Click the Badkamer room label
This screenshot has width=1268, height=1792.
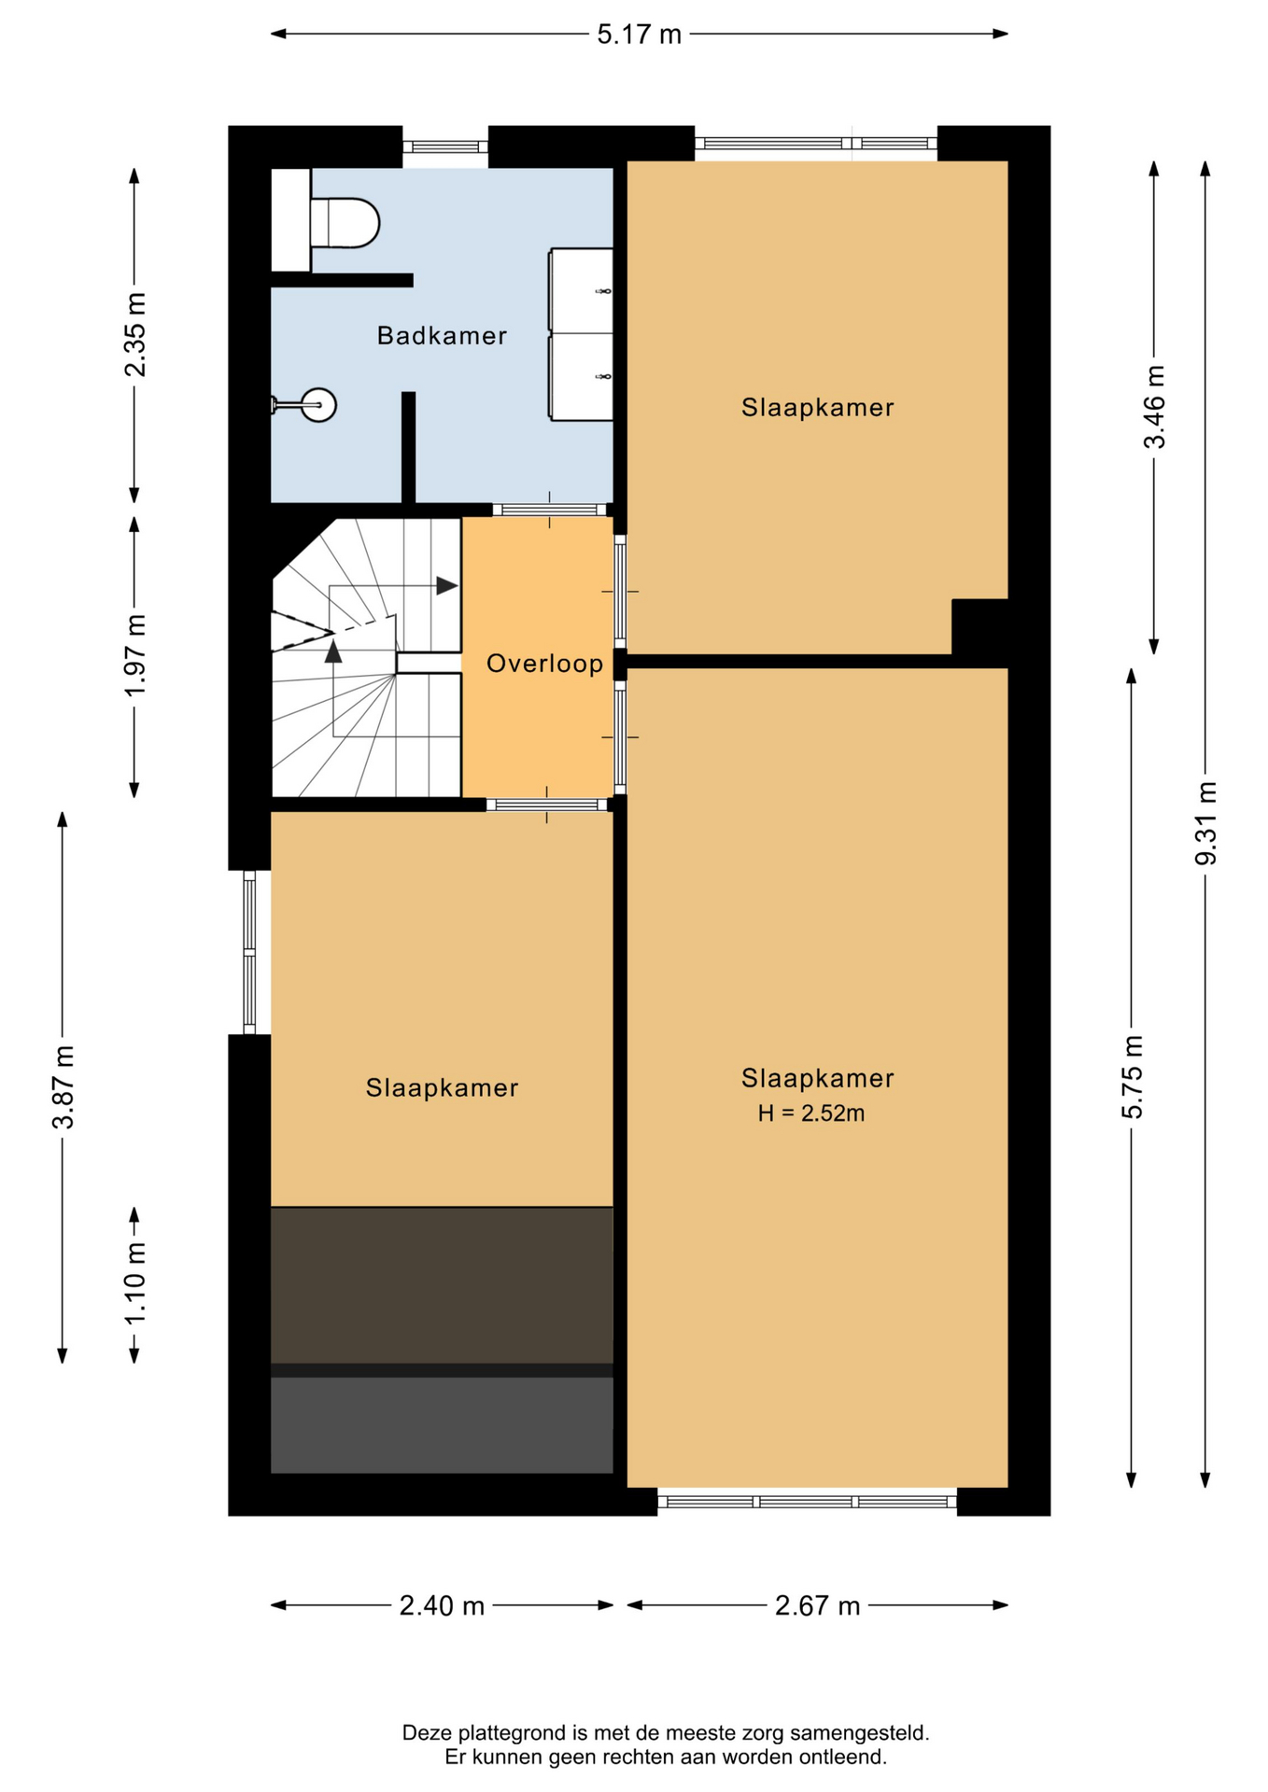[x=442, y=336]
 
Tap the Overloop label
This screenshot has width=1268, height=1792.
[x=545, y=664]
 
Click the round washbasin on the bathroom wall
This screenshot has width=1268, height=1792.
[x=317, y=405]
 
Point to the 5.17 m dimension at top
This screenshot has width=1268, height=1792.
[x=640, y=35]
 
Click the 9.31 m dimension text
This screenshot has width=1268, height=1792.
[x=1206, y=823]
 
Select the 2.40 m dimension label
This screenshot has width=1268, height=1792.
[x=442, y=1605]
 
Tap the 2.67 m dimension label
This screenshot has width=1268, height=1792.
[x=817, y=1605]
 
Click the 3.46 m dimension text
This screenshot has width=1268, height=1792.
[x=1155, y=407]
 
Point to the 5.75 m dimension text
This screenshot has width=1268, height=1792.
[x=1132, y=1077]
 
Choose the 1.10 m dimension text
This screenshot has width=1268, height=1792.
[x=135, y=1283]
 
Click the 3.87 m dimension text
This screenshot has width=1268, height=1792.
[x=63, y=1087]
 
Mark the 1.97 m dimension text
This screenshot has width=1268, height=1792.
[x=135, y=655]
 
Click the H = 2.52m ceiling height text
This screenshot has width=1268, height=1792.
[x=810, y=1113]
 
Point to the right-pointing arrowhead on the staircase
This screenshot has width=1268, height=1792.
[x=447, y=586]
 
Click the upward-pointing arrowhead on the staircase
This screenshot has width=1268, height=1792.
[x=333, y=651]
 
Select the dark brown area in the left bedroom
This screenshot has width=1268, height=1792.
[x=442, y=1285]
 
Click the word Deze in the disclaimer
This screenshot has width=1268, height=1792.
[x=425, y=1733]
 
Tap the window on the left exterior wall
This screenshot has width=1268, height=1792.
[x=249, y=952]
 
